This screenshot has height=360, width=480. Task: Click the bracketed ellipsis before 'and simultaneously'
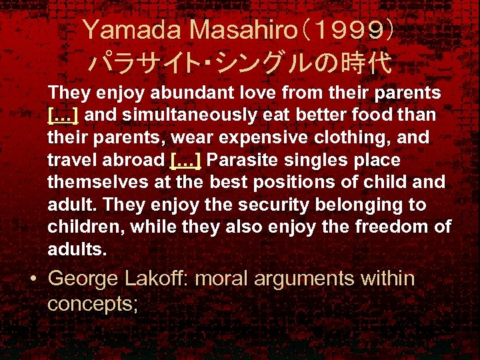63,115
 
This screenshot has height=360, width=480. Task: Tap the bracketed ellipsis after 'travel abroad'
186,160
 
